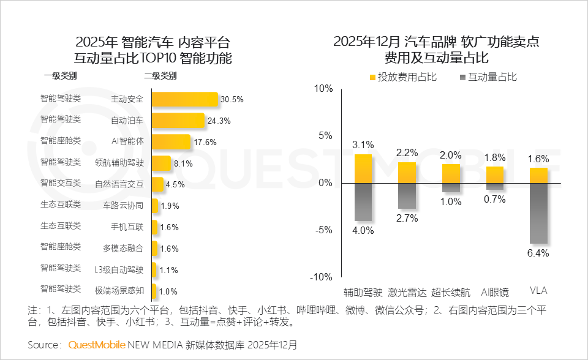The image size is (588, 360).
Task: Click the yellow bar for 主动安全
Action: click(x=184, y=99)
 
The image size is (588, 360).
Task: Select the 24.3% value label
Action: click(x=219, y=121)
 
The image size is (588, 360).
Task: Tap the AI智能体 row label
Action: click(x=127, y=141)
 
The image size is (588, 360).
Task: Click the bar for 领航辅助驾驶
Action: click(x=161, y=163)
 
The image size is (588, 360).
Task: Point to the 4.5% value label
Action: click(x=176, y=184)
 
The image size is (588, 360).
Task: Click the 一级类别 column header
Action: click(x=60, y=77)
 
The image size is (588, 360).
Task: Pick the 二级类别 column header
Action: click(x=160, y=77)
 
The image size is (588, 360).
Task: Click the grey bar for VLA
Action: click(x=538, y=213)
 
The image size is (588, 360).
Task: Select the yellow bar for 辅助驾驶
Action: click(x=363, y=168)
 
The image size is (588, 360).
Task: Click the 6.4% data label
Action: click(x=538, y=253)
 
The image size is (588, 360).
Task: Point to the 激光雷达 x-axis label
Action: click(x=407, y=291)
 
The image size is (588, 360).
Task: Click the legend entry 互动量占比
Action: click(x=487, y=77)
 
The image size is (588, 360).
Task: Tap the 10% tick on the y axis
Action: click(x=323, y=88)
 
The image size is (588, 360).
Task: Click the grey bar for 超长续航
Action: click(x=451, y=187)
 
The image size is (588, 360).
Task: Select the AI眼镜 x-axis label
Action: click(x=495, y=291)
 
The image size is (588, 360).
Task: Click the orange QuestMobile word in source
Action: click(x=97, y=345)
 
